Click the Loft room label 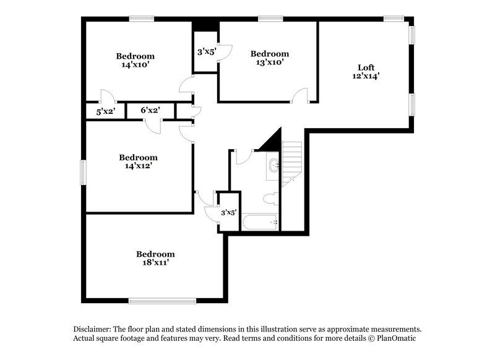pos(366,67)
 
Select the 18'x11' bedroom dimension pos(155,262)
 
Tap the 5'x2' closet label pos(105,112)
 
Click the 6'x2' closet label pos(150,110)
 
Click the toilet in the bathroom pos(270,199)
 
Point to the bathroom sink pos(273,165)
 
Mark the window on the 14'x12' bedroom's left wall pos(83,172)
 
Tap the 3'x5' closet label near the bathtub pos(228,213)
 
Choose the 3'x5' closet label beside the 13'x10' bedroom pos(205,52)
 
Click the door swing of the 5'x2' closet pos(108,96)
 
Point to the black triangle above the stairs pos(272,142)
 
